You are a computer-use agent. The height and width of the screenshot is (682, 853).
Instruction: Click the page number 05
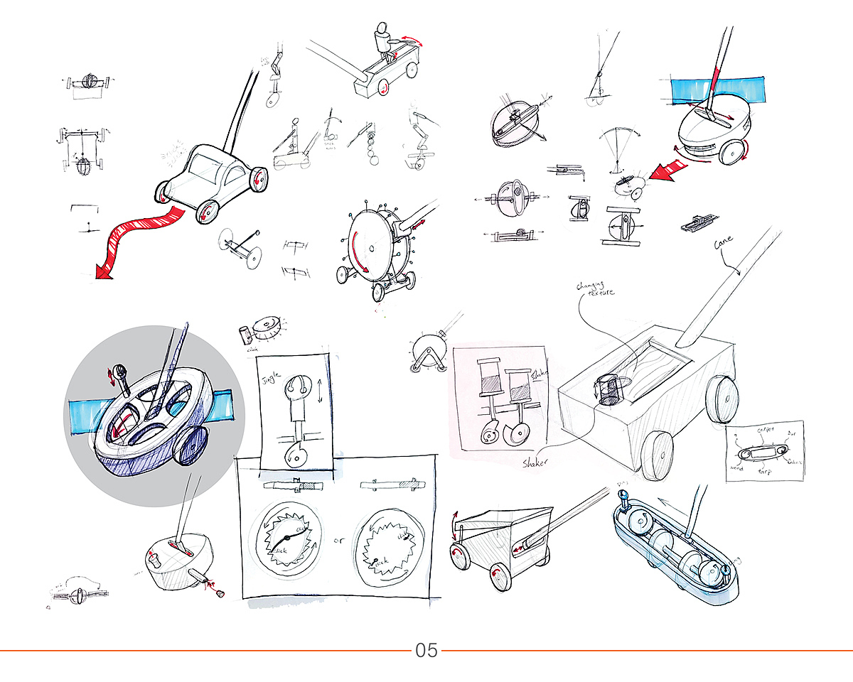point(426,650)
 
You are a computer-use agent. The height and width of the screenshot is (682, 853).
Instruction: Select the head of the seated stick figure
point(382,31)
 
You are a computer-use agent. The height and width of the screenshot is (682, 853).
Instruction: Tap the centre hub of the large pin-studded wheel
point(372,249)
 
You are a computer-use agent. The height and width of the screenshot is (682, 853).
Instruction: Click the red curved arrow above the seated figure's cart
point(412,40)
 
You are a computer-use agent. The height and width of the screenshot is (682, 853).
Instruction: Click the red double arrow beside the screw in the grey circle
point(111,374)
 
